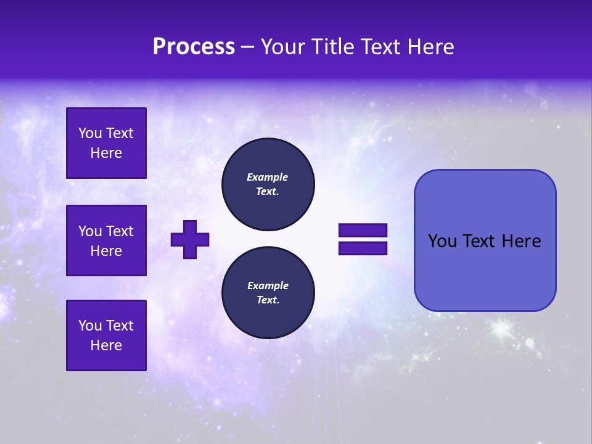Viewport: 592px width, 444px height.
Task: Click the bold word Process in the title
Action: pos(194,47)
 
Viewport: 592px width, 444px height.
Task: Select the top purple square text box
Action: pos(106,143)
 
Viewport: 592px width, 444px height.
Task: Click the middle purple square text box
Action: pos(106,240)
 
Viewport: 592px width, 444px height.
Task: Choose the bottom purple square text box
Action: pos(106,335)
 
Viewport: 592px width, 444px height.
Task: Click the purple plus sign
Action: pos(190,239)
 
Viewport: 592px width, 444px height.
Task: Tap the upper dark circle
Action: pos(268,184)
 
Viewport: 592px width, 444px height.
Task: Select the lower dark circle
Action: pos(268,293)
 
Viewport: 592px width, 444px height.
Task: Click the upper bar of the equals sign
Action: pos(363,231)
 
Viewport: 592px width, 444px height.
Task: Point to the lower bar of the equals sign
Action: pos(363,249)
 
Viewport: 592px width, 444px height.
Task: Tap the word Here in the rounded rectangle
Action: pos(521,241)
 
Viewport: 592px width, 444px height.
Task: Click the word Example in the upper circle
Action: pos(268,177)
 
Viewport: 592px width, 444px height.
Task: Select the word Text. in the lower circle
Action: pos(268,300)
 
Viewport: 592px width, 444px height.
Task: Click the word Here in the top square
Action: pos(106,153)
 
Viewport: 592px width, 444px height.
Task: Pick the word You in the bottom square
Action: pos(90,326)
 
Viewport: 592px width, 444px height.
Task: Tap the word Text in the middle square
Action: pos(120,231)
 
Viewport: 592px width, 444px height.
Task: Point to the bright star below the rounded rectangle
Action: pos(501,329)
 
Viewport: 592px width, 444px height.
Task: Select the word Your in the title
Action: pos(282,47)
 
